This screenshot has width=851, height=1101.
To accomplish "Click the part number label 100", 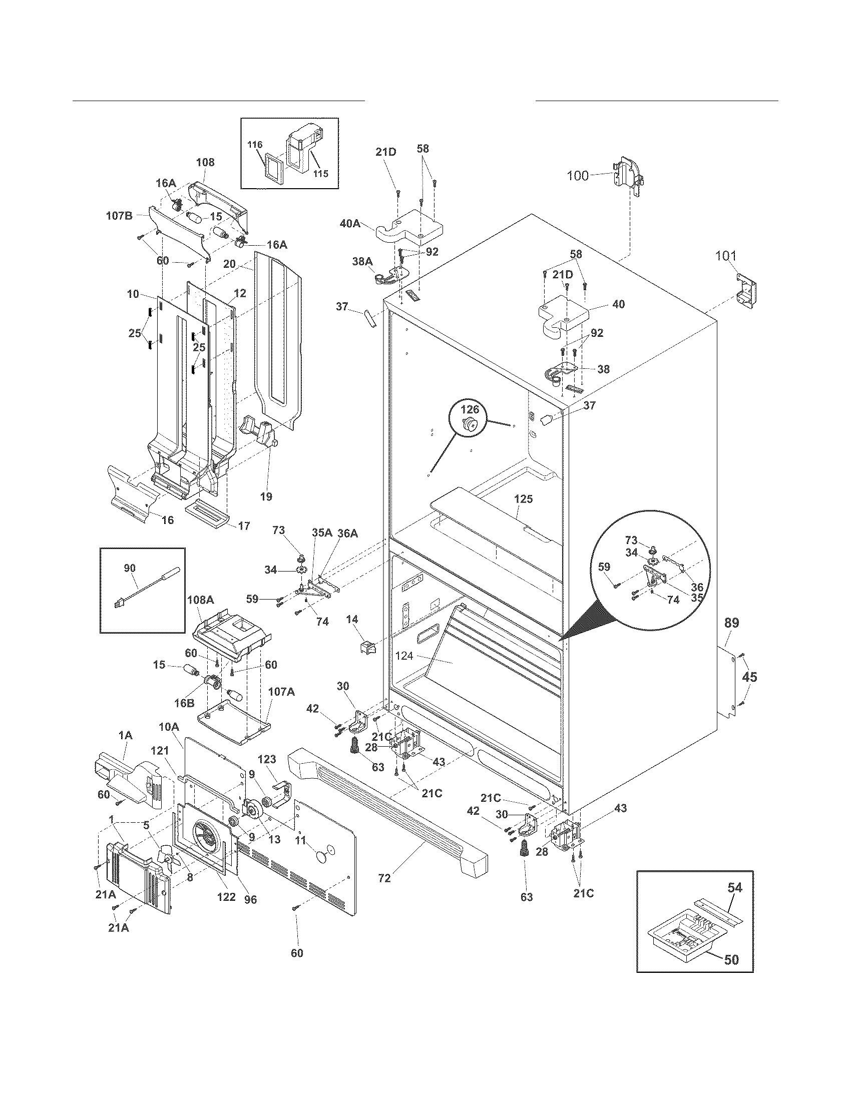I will (578, 176).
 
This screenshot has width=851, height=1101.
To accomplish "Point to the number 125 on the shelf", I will (523, 498).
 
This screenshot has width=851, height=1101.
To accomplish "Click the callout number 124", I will (403, 657).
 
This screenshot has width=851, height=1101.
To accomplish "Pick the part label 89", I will (731, 623).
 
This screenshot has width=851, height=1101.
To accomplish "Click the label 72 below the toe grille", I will (384, 878).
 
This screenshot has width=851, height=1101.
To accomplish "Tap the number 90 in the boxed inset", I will (130, 569).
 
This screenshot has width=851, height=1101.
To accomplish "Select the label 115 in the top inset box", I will (321, 174).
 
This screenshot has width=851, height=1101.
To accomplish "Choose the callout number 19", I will (266, 496).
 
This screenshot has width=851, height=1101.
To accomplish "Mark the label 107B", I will (119, 216).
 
